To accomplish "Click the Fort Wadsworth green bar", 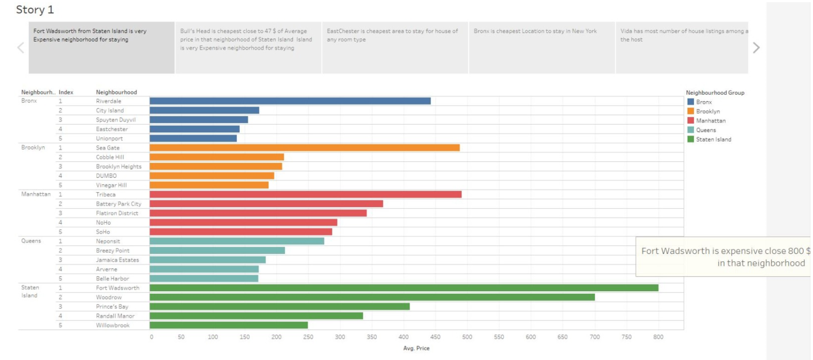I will pos(404,288).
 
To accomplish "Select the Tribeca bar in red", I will pos(305,194).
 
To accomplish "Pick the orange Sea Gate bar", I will pos(305,148).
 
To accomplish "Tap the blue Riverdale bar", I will pos(290,101).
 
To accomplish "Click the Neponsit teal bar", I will pos(237,241).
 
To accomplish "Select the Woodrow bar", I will pos(372,297).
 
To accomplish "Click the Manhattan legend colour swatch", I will pos(691,120).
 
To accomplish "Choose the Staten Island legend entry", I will pos(713,139).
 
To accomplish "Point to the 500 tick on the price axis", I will pos(467,337).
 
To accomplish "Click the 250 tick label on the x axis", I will pos(308,337).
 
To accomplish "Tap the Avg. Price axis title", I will pos(416,348).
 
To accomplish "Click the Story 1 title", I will pos(35,10).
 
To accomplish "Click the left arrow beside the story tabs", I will pos(21,48).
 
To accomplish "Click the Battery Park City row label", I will pos(119,204).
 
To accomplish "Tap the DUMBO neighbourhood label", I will pos(106,176).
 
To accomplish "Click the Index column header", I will pos(66,92).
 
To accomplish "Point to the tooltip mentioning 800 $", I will pos(723,257).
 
